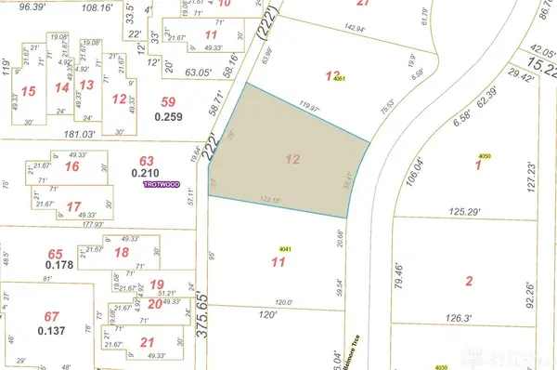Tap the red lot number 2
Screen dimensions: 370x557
coord(469,281)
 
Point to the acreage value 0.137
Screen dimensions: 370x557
coord(53,332)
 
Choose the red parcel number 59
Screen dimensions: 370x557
coord(168,101)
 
